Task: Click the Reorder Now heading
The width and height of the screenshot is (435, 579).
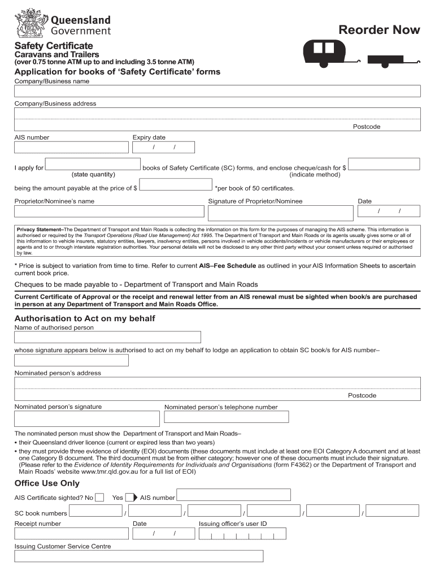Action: pyautogui.click(x=379, y=30)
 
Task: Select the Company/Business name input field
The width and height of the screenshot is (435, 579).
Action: pyautogui.click(x=217, y=92)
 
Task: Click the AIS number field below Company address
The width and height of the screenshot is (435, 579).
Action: pyautogui.click(x=71, y=148)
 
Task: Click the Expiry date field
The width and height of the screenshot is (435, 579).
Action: pyautogui.click(x=163, y=148)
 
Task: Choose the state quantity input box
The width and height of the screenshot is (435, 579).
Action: pyautogui.click(x=93, y=164)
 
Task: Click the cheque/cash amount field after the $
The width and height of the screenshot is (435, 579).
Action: pyautogui.click(x=384, y=164)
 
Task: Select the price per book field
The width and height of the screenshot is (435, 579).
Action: pyautogui.click(x=175, y=185)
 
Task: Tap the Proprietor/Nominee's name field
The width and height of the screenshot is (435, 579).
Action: pyautogui.click(x=109, y=211)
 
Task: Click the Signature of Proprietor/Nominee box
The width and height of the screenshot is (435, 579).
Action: pyautogui.click(x=280, y=211)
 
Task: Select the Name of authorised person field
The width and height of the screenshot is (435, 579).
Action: pyautogui.click(x=107, y=338)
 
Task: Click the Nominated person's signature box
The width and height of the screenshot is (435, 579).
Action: pyautogui.click(x=86, y=418)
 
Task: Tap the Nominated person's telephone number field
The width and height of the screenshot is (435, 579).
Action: pyautogui.click(x=226, y=417)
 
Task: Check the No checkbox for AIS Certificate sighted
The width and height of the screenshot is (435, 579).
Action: pyautogui.click(x=99, y=498)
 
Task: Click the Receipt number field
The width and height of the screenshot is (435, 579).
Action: pyautogui.click(x=71, y=533)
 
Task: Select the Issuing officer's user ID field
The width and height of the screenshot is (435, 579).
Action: pyautogui.click(x=242, y=534)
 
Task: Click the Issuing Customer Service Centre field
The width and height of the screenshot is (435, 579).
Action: pyautogui.click(x=138, y=556)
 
